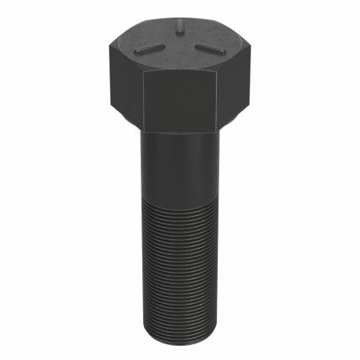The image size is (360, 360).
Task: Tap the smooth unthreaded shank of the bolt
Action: pyautogui.click(x=178, y=172)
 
